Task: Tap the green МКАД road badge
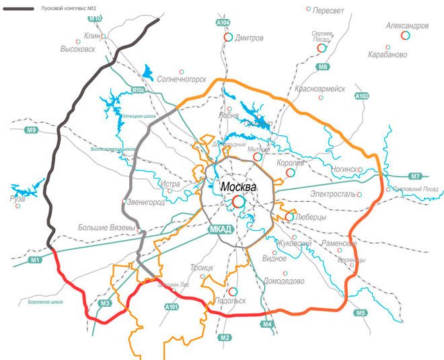(x=220, y=229)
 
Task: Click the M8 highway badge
(x=324, y=67)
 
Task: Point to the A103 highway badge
(x=362, y=96)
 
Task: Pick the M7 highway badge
(x=415, y=176)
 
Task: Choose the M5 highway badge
(x=361, y=312)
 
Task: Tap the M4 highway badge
(x=268, y=326)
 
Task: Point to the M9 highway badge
(x=30, y=129)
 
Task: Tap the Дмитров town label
(x=249, y=38)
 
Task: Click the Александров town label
(x=407, y=26)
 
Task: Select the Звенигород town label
(x=146, y=202)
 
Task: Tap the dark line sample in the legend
(x=19, y=9)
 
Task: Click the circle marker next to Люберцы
(x=290, y=217)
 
